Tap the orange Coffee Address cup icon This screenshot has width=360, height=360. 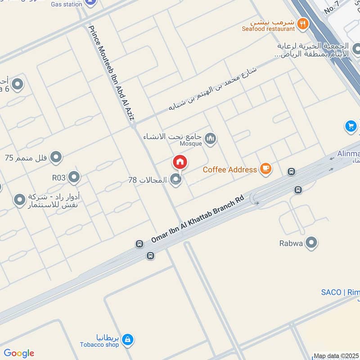(x=266, y=169)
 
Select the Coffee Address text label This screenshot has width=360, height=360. (x=229, y=170)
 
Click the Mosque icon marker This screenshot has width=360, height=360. (x=210, y=139)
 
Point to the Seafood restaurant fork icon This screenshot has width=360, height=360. (x=303, y=23)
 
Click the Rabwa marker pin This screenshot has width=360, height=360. (x=311, y=243)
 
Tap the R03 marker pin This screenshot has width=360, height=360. (x=74, y=177)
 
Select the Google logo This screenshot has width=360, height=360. (x=19, y=353)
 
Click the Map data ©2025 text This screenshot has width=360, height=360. (x=336, y=356)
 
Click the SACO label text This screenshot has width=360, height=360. (x=340, y=292)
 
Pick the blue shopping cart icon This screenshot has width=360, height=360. (x=351, y=126)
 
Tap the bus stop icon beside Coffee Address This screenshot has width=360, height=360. (x=292, y=171)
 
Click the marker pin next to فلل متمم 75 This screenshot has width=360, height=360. (x=56, y=157)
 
